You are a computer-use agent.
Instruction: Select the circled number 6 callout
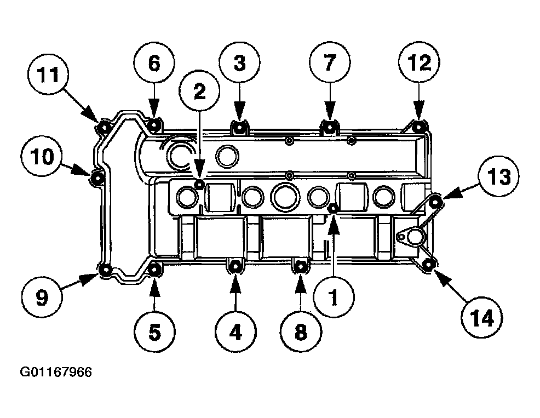coord(154,64)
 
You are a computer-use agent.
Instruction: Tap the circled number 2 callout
coord(199,91)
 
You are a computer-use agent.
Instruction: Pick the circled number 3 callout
coord(240,64)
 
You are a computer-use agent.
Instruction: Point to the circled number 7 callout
coord(329,64)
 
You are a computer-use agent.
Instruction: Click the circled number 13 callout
coord(498,177)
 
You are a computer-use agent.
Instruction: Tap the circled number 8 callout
coord(300,331)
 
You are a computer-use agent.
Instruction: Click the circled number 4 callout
coord(235,331)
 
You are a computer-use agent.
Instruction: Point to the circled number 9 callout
coord(43,297)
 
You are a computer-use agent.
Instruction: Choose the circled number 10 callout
coord(43,158)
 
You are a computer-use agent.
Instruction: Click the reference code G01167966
coord(56,373)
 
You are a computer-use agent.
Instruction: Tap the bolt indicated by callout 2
coord(200,184)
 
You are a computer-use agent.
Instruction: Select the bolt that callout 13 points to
coord(435,203)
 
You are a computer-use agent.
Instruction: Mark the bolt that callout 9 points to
coord(106,270)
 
